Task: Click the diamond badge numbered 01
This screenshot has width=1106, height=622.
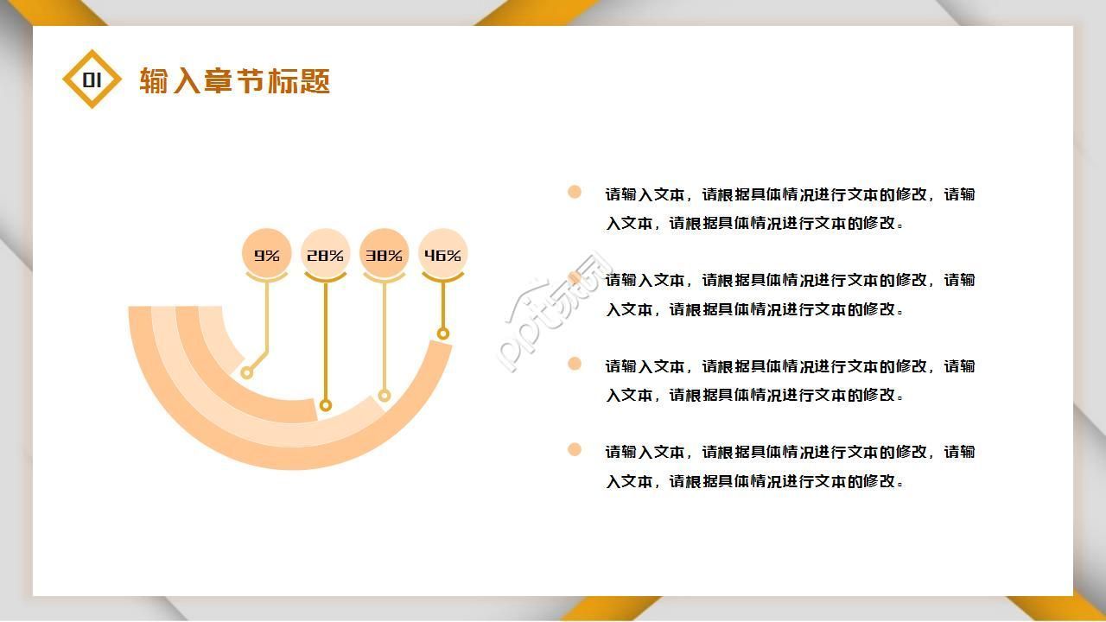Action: (x=92, y=79)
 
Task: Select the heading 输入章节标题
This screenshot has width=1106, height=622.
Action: (x=234, y=81)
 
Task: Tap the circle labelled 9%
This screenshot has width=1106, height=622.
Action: (x=267, y=255)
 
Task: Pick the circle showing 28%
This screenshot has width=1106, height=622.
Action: (x=325, y=255)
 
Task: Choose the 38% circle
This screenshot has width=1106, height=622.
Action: (x=384, y=255)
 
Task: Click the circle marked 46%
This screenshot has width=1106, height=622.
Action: (x=442, y=255)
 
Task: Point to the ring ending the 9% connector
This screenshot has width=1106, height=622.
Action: (x=247, y=372)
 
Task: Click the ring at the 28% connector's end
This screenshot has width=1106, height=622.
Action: (x=326, y=405)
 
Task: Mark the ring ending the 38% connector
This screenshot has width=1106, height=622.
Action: (x=385, y=396)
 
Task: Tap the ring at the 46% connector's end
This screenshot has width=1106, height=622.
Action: (x=443, y=333)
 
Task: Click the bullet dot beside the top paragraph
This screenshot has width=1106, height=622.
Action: (x=575, y=192)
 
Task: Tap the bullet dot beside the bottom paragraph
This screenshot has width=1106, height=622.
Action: (x=575, y=449)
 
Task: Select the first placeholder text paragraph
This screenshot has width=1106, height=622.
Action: (x=790, y=208)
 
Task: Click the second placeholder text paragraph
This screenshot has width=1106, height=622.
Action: (x=790, y=294)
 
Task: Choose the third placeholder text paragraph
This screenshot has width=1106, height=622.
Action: (x=790, y=380)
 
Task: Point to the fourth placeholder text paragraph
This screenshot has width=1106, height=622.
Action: (x=790, y=466)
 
